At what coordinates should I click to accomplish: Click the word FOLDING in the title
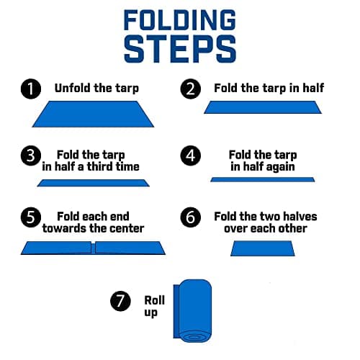tap(180, 20)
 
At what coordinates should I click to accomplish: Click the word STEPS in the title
tap(180, 49)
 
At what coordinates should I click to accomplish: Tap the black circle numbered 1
tap(31, 89)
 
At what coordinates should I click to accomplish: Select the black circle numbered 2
tap(191, 89)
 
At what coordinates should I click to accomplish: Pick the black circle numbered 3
tap(31, 156)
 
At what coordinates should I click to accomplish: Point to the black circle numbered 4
tap(191, 156)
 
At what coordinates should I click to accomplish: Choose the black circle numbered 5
tap(31, 217)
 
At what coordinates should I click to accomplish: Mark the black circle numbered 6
tap(191, 217)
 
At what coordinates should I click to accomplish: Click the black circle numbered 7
tap(120, 301)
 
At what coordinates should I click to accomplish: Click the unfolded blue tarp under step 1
tap(93, 114)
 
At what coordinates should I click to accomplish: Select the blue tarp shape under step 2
tap(263, 107)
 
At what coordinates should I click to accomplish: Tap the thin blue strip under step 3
tap(94, 183)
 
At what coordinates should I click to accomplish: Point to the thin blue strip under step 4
tap(263, 179)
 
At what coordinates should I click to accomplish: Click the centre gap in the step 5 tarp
tap(93, 248)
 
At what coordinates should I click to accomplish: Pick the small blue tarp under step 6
tap(263, 248)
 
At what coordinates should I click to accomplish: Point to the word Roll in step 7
tap(154, 300)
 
